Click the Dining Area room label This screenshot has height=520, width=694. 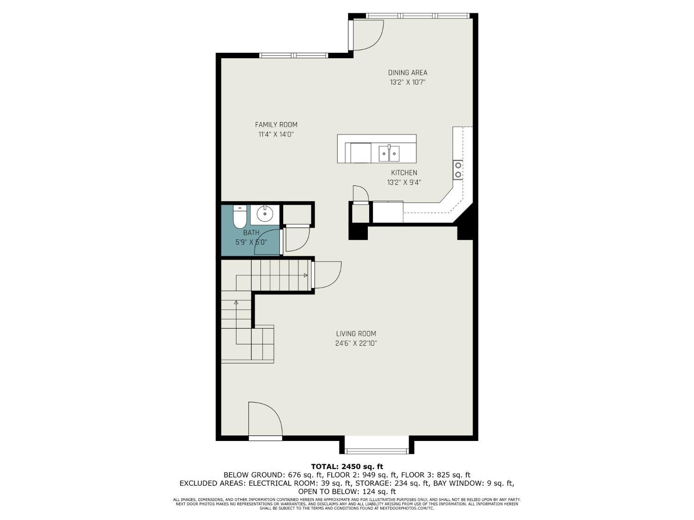(408, 73)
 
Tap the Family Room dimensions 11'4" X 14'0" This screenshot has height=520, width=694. (276, 135)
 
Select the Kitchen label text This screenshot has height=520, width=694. (404, 173)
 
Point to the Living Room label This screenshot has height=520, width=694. (356, 334)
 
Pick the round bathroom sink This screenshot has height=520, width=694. (265, 214)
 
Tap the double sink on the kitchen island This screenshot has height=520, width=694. (389, 153)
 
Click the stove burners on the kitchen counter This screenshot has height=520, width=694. (458, 170)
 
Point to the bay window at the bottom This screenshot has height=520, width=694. (377, 451)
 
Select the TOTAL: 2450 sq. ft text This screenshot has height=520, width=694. (347, 466)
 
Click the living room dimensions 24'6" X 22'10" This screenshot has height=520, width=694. (356, 343)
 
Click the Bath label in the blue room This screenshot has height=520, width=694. (251, 232)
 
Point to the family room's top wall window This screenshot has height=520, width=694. (294, 55)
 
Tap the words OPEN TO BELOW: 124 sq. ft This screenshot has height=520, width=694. (347, 492)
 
